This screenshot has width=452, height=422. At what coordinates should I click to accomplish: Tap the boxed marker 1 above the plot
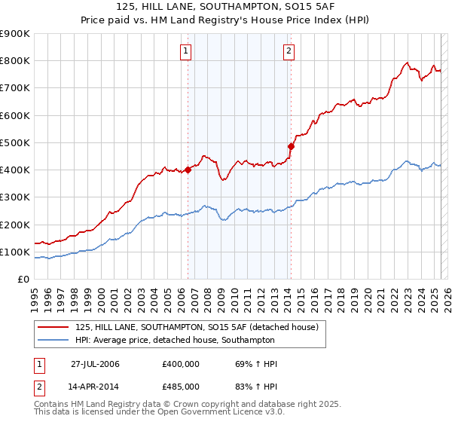pos(185,52)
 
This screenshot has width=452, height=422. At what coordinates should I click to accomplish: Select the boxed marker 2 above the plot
pos(289,52)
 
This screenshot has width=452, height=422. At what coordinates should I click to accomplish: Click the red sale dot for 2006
pos(188,170)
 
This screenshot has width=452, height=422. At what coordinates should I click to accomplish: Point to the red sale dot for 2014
pos(291,146)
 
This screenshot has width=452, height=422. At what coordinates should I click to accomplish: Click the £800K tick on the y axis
pos(15,61)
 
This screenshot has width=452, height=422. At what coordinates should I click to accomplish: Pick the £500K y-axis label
pos(15,142)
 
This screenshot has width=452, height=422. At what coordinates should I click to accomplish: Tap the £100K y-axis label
pos(15,252)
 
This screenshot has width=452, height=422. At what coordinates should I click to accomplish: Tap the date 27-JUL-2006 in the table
pos(95,364)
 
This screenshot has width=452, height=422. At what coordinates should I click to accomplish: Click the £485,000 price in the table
pos(181,386)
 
